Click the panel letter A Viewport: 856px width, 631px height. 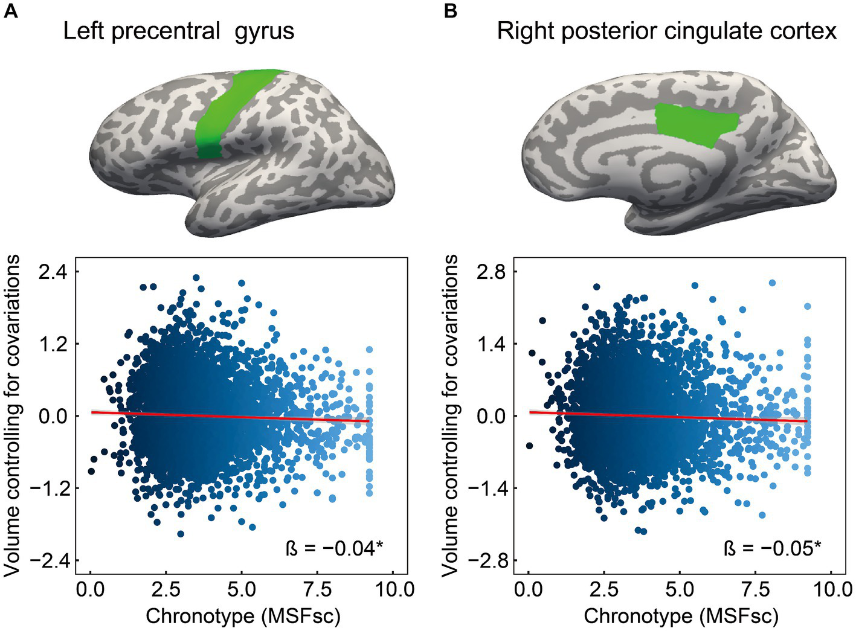[10, 10]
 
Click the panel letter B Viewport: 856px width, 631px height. [450, 10]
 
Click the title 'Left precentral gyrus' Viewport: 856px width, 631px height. [179, 31]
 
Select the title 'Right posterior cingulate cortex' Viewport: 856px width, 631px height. [666, 31]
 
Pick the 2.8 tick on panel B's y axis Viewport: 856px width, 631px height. [492, 272]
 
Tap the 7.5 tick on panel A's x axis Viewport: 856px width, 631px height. [317, 589]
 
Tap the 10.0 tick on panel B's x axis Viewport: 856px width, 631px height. [831, 589]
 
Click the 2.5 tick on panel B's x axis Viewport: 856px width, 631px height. [604, 589]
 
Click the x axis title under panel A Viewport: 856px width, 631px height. [243, 616]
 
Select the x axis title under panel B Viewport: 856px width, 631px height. [681, 616]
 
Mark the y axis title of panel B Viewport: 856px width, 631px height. [450, 415]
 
